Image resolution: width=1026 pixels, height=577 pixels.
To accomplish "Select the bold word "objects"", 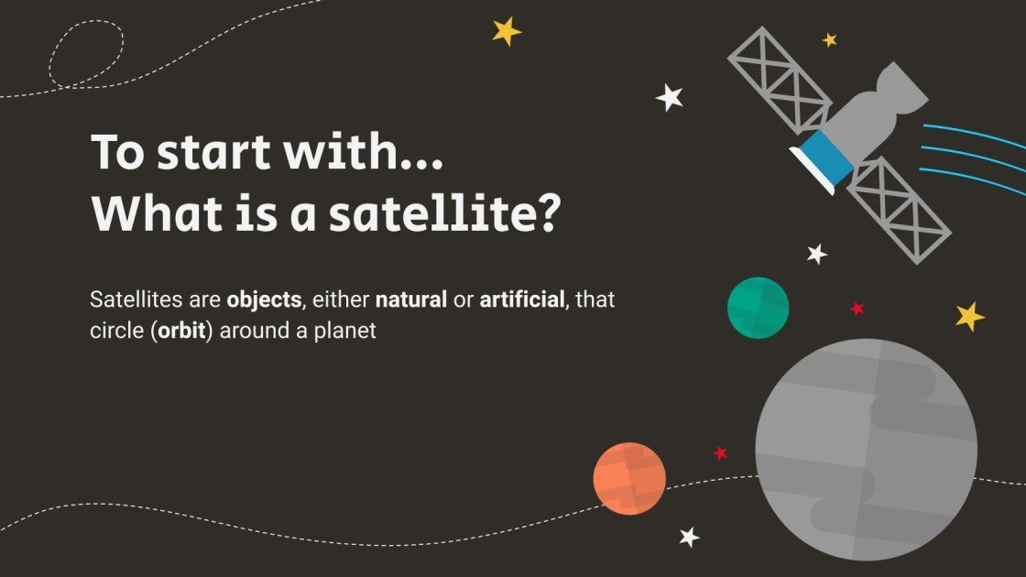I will [x=263, y=299].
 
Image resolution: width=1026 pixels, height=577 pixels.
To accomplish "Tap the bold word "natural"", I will [x=410, y=299].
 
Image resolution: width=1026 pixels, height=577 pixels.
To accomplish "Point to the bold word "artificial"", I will [x=521, y=299].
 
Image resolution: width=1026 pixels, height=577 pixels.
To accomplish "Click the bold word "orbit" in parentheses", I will [x=184, y=331].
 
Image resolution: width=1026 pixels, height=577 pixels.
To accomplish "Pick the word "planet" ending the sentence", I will [x=345, y=331].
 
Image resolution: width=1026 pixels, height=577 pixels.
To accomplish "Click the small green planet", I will [x=758, y=308].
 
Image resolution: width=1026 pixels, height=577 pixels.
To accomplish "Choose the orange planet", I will [x=629, y=478].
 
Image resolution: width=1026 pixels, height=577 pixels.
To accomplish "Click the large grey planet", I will [x=866, y=449].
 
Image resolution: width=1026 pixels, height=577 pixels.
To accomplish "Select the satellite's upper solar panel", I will [x=780, y=81].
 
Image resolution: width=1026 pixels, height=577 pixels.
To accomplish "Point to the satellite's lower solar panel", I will [x=899, y=210].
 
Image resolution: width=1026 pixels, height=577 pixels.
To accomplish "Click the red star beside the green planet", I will [x=857, y=309].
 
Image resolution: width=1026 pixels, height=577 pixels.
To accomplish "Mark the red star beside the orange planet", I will [x=720, y=452].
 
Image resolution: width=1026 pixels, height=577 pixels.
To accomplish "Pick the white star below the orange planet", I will [x=689, y=537].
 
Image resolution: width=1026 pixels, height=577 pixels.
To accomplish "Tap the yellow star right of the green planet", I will [x=969, y=316].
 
